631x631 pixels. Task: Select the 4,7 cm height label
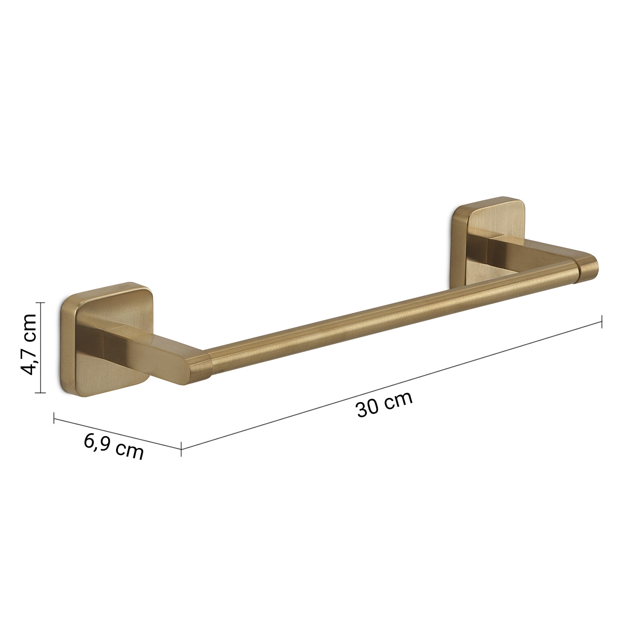pyautogui.click(x=29, y=344)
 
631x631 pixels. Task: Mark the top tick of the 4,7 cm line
pyautogui.click(x=40, y=302)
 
